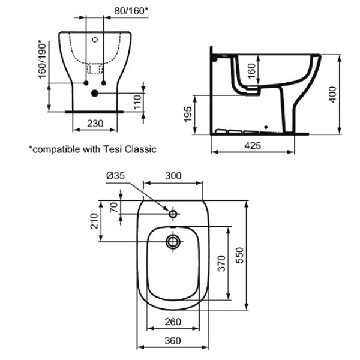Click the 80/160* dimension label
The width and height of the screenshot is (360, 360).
pyautogui.click(x=131, y=11)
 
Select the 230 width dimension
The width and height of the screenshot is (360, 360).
pyautogui.click(x=95, y=124)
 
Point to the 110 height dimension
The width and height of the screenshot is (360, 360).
pyautogui.click(x=137, y=102)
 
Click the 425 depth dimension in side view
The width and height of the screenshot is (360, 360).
pyautogui.click(x=253, y=146)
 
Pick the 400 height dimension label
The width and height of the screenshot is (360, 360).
pyautogui.click(x=332, y=94)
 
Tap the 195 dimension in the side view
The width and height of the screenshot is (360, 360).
pyautogui.click(x=188, y=115)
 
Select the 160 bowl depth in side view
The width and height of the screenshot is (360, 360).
pyautogui.click(x=252, y=71)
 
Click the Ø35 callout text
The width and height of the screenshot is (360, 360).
pyautogui.click(x=115, y=176)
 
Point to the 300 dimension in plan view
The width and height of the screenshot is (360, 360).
pyautogui.click(x=173, y=176)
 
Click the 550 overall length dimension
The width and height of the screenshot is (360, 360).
pyautogui.click(x=239, y=256)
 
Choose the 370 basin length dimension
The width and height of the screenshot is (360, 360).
pyautogui.click(x=222, y=263)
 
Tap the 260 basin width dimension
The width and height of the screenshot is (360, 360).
pyautogui.click(x=173, y=322)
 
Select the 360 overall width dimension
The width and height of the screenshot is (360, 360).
pyautogui.click(x=173, y=341)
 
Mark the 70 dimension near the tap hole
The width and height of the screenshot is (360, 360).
pyautogui.click(x=114, y=208)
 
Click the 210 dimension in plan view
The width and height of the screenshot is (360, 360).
pyautogui.click(x=94, y=221)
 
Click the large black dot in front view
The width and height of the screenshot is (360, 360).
pyautogui.click(x=95, y=93)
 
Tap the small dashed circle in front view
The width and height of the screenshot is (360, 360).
pyautogui.click(x=95, y=40)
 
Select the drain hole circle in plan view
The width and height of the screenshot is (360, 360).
pyautogui.click(x=173, y=242)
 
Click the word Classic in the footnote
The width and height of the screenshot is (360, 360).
pyautogui.click(x=141, y=149)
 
